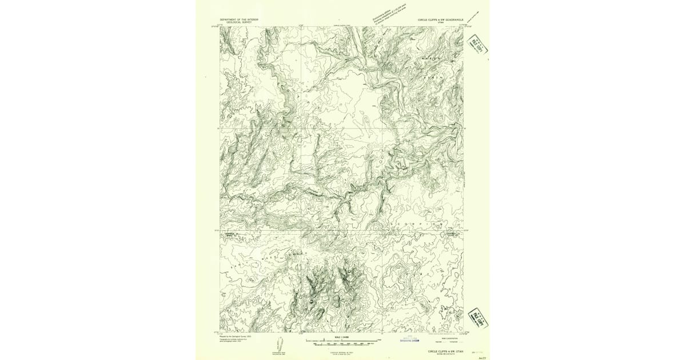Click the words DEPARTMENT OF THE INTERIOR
pyautogui.click(x=239, y=19)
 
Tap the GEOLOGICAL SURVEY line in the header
pyautogui.click(x=239, y=22)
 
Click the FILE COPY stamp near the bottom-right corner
pyautogui.click(x=477, y=318)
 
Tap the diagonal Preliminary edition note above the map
pyautogui.click(x=389, y=12)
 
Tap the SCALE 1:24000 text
pyautogui.click(x=342, y=338)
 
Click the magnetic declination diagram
pyautogui.click(x=281, y=345)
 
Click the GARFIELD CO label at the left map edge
pyautogui.click(x=229, y=233)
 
